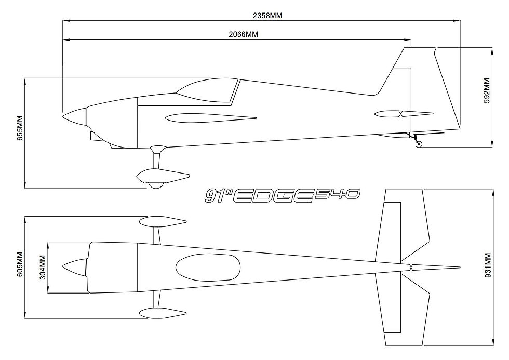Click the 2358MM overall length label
click(x=267, y=16)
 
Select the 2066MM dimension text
click(x=244, y=34)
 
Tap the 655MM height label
click(x=20, y=128)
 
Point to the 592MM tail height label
click(x=487, y=90)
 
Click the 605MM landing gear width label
click(x=20, y=264)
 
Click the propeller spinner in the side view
click(x=75, y=117)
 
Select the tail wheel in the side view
click(x=419, y=144)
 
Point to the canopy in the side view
click(x=208, y=89)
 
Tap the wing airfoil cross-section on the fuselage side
click(x=211, y=118)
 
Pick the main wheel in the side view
click(x=156, y=185)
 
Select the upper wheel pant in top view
click(x=163, y=222)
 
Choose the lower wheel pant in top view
click(x=163, y=313)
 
